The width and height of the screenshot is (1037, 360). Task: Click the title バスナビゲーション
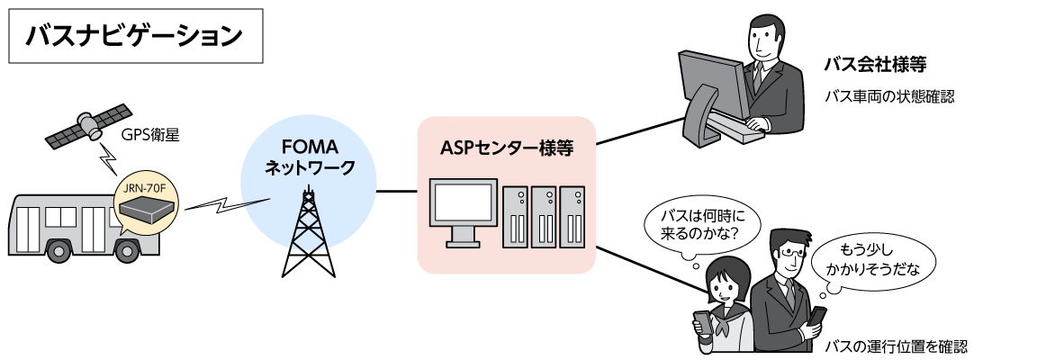[x=135, y=36]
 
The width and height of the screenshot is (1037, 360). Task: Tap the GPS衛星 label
[x=152, y=135]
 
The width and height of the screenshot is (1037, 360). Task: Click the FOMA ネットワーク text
[x=308, y=157]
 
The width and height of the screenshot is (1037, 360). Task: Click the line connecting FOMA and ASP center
[x=396, y=191]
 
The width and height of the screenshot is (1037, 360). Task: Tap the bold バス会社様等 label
[x=875, y=66]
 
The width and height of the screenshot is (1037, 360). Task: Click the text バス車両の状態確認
[x=888, y=95]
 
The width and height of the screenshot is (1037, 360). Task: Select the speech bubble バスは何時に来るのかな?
[x=699, y=228]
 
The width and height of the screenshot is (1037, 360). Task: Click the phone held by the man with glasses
[x=817, y=316]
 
